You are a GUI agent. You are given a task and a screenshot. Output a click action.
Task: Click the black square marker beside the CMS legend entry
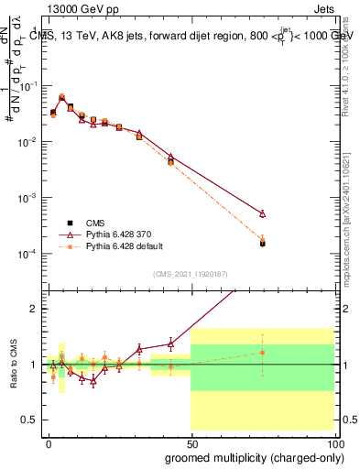click(x=70, y=223)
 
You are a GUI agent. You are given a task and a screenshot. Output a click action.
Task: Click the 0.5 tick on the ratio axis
click(x=32, y=420)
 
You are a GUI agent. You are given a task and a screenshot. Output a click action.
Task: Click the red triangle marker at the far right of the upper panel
click(x=263, y=213)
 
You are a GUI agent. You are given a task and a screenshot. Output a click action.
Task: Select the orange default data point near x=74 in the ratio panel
click(x=263, y=353)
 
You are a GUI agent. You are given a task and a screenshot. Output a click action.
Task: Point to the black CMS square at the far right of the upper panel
click(x=263, y=244)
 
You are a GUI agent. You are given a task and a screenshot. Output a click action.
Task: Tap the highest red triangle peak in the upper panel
click(x=61, y=96)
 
